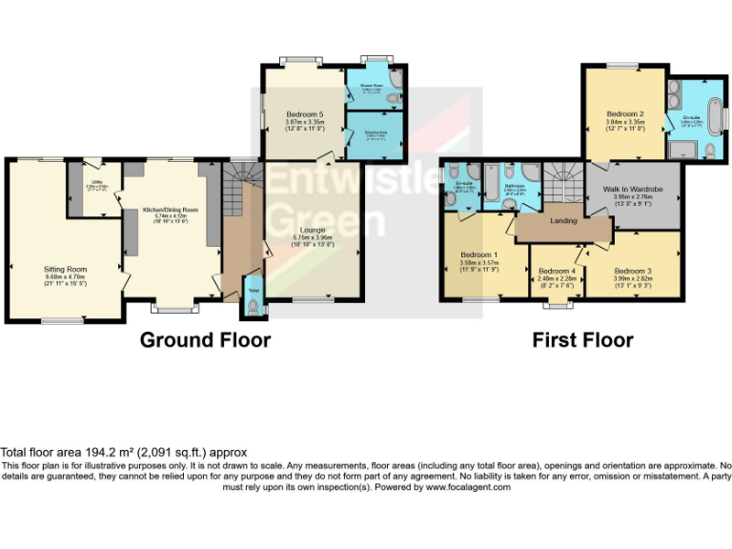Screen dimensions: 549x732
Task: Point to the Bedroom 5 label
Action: coord(305,114)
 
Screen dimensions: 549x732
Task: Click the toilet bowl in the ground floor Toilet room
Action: coord(253,305)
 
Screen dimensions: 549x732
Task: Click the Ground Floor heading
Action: coord(205,340)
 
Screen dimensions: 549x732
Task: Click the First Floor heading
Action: coord(581,340)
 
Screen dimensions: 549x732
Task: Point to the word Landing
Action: coord(565,221)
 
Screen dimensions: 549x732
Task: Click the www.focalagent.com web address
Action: coord(467,487)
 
